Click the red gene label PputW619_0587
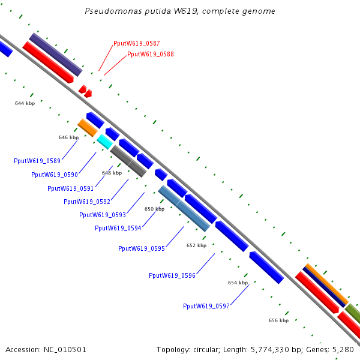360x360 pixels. tap(136, 44)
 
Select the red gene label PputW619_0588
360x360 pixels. tap(151, 55)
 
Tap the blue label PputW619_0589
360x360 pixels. tap(37, 161)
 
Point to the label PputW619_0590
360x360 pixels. tap(55, 175)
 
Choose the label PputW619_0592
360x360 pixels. tap(86, 202)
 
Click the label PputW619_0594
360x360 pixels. tap(118, 228)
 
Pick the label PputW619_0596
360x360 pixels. tap(172, 276)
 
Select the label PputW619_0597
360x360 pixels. tap(206, 306)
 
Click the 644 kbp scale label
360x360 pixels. tap(25, 103)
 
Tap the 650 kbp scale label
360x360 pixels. tap(154, 209)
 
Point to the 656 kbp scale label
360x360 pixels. tap(278, 321)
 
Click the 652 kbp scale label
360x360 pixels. tap(196, 245)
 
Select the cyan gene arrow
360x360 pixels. tap(104, 142)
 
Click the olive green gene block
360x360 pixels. tap(353, 313)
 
